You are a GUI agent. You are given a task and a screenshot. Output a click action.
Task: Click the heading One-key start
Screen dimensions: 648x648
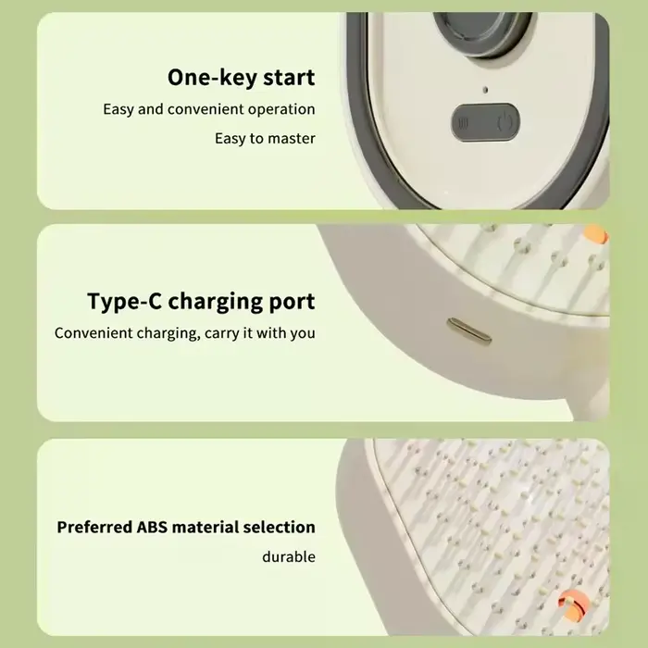click(x=241, y=78)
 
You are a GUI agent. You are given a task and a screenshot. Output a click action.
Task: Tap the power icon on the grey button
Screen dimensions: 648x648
click(x=505, y=123)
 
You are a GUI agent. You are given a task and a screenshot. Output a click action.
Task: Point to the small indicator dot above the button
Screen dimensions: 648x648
click(x=486, y=89)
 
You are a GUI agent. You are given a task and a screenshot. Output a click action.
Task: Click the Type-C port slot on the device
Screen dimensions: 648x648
click(x=469, y=331)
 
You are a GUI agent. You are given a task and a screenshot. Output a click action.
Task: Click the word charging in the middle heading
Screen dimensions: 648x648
click(x=216, y=302)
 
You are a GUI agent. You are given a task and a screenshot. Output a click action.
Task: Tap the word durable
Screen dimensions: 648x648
click(x=289, y=556)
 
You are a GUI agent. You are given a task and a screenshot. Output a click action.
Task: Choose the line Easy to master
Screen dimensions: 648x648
click(x=265, y=139)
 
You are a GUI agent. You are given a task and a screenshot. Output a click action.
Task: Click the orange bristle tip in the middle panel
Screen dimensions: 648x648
click(x=596, y=235)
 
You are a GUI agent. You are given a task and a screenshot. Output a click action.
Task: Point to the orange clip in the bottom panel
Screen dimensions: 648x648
click(x=571, y=604)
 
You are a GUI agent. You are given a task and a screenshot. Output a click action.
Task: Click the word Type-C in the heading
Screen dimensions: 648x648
click(x=124, y=301)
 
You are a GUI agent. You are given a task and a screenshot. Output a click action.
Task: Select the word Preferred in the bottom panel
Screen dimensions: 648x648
click(x=94, y=527)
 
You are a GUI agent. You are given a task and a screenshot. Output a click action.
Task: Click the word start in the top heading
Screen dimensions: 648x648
click(x=289, y=78)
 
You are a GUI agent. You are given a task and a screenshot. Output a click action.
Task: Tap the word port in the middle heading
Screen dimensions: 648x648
click(x=292, y=302)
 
